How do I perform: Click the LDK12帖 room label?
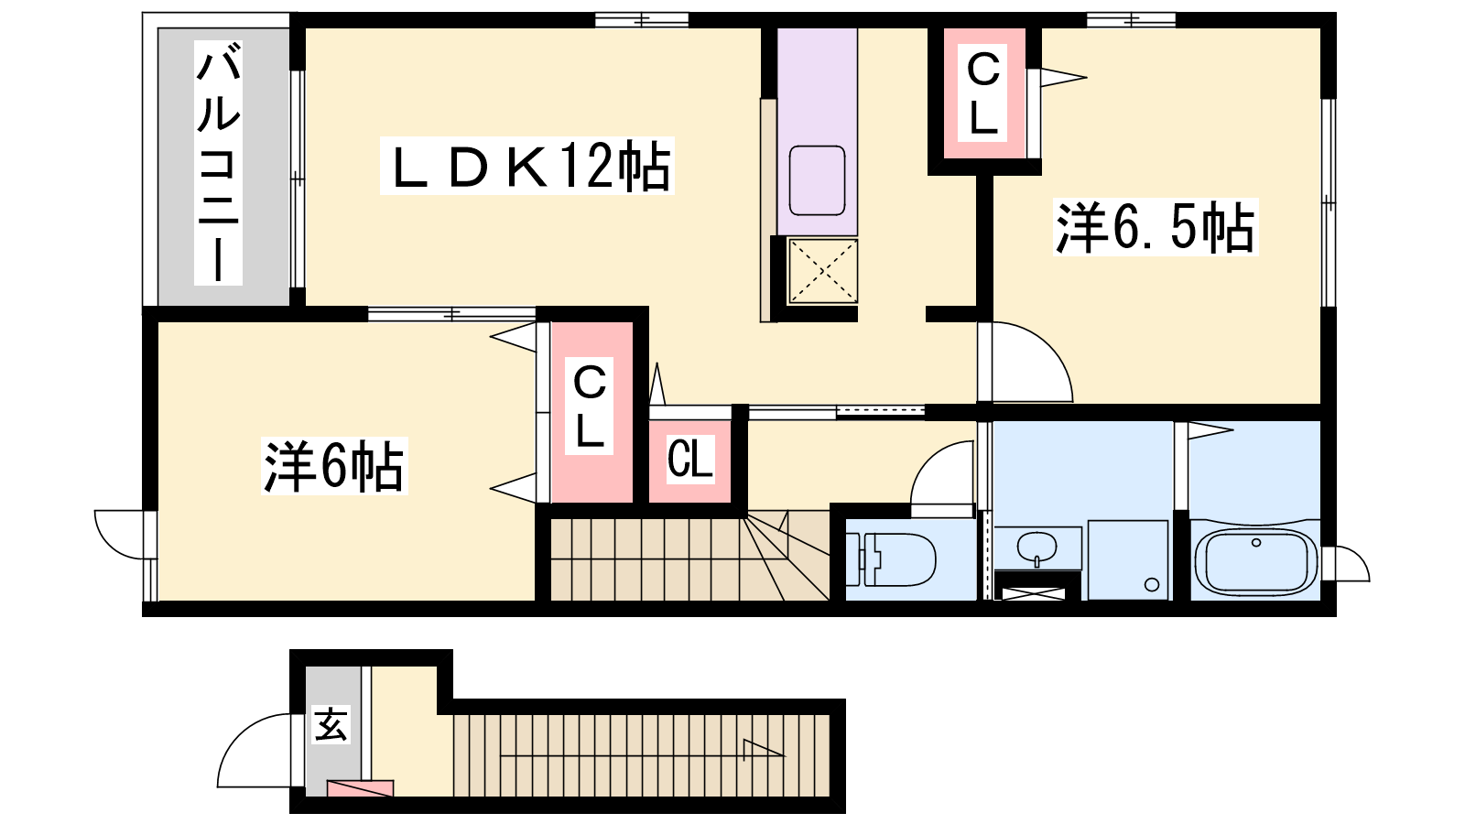coord(527,166)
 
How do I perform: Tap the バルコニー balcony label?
coord(218,162)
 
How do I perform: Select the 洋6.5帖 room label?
coord(1156,227)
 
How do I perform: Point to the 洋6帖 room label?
coord(334,466)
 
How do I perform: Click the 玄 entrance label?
coord(331,724)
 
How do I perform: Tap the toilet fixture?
coord(891,559)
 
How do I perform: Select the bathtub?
coord(1255,562)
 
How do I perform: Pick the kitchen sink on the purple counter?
coord(817,180)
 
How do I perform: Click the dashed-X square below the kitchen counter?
coord(823,271)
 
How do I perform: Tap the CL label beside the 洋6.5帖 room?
coord(983,93)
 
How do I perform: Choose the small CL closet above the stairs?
coord(690,459)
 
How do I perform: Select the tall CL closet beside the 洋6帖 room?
coord(591,412)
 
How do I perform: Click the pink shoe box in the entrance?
coord(361,788)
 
